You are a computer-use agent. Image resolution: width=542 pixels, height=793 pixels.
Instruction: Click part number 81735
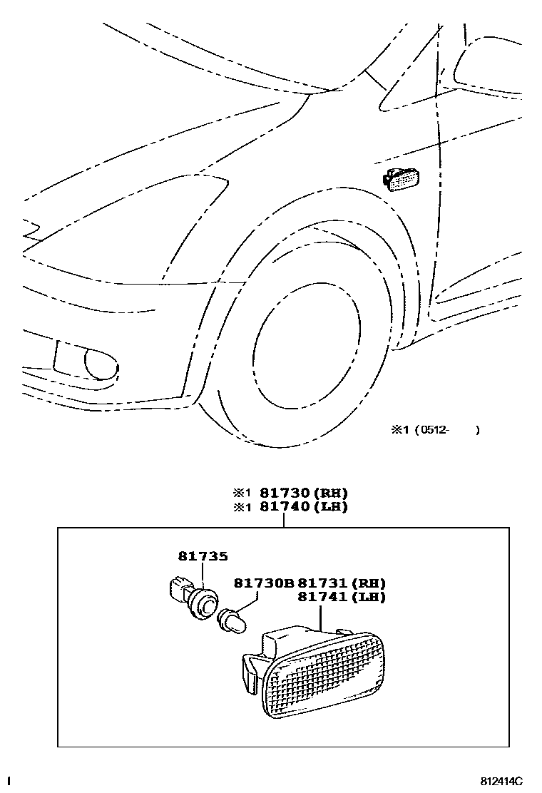click(x=203, y=556)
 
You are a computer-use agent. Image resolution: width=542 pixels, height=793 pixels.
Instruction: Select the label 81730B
click(x=263, y=583)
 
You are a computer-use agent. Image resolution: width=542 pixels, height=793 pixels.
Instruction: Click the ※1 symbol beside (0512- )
click(x=397, y=429)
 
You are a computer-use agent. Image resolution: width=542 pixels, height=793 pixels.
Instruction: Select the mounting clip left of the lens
click(x=250, y=670)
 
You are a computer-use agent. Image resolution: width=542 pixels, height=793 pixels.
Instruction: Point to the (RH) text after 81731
click(x=371, y=583)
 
